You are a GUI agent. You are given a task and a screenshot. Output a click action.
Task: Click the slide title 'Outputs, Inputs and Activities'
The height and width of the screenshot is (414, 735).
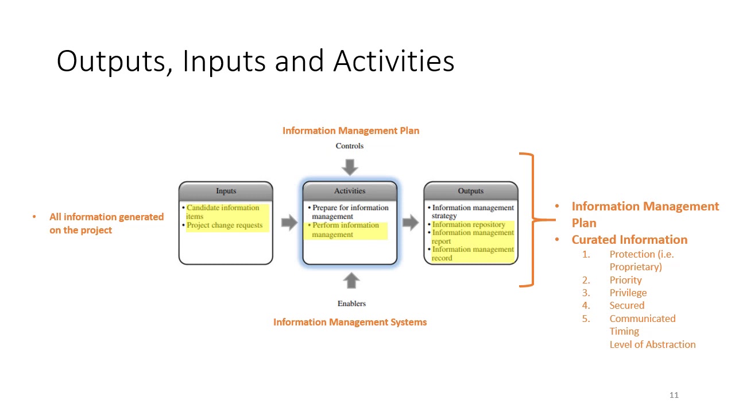[255, 61]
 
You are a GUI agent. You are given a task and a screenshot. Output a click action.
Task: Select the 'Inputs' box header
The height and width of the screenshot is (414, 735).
[226, 191]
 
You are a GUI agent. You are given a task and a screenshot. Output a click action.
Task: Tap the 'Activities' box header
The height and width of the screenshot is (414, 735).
[350, 191]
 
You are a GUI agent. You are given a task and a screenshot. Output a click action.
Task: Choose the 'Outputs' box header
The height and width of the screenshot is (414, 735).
[470, 191]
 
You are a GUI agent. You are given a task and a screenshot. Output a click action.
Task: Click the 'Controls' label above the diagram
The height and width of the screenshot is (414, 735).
[350, 146]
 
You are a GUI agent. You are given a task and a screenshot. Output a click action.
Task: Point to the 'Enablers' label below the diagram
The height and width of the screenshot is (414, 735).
[351, 304]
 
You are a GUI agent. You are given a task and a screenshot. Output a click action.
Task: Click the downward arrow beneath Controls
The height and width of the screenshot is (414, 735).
[350, 167]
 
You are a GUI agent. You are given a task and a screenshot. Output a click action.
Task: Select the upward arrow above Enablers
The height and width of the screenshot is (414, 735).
[351, 281]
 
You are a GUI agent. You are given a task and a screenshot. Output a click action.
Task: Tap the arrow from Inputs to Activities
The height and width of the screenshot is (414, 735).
[289, 223]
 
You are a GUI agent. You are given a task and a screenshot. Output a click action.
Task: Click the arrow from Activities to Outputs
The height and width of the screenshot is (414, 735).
[410, 223]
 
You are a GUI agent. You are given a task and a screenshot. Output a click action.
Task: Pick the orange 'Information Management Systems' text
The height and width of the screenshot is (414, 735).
[350, 322]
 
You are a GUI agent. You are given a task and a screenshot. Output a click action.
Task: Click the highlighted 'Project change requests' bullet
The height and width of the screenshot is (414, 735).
[224, 225]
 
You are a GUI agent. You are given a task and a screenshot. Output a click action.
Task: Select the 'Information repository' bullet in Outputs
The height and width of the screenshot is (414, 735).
[469, 224]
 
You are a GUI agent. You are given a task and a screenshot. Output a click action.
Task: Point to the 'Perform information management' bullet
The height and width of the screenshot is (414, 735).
[346, 230]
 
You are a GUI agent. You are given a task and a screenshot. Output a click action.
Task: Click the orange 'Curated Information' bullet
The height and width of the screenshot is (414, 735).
[629, 240]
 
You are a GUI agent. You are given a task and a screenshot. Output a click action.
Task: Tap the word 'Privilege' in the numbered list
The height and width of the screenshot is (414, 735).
[628, 293]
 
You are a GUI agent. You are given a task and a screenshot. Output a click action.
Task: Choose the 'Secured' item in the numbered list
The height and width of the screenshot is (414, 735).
[626, 305]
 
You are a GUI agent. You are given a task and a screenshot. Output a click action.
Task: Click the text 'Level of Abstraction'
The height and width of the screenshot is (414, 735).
[652, 344]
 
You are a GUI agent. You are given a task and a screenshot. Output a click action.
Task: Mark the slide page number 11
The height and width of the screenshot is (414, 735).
[674, 395]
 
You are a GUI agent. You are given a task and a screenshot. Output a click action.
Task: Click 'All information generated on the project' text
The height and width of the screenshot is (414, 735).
[106, 223]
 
